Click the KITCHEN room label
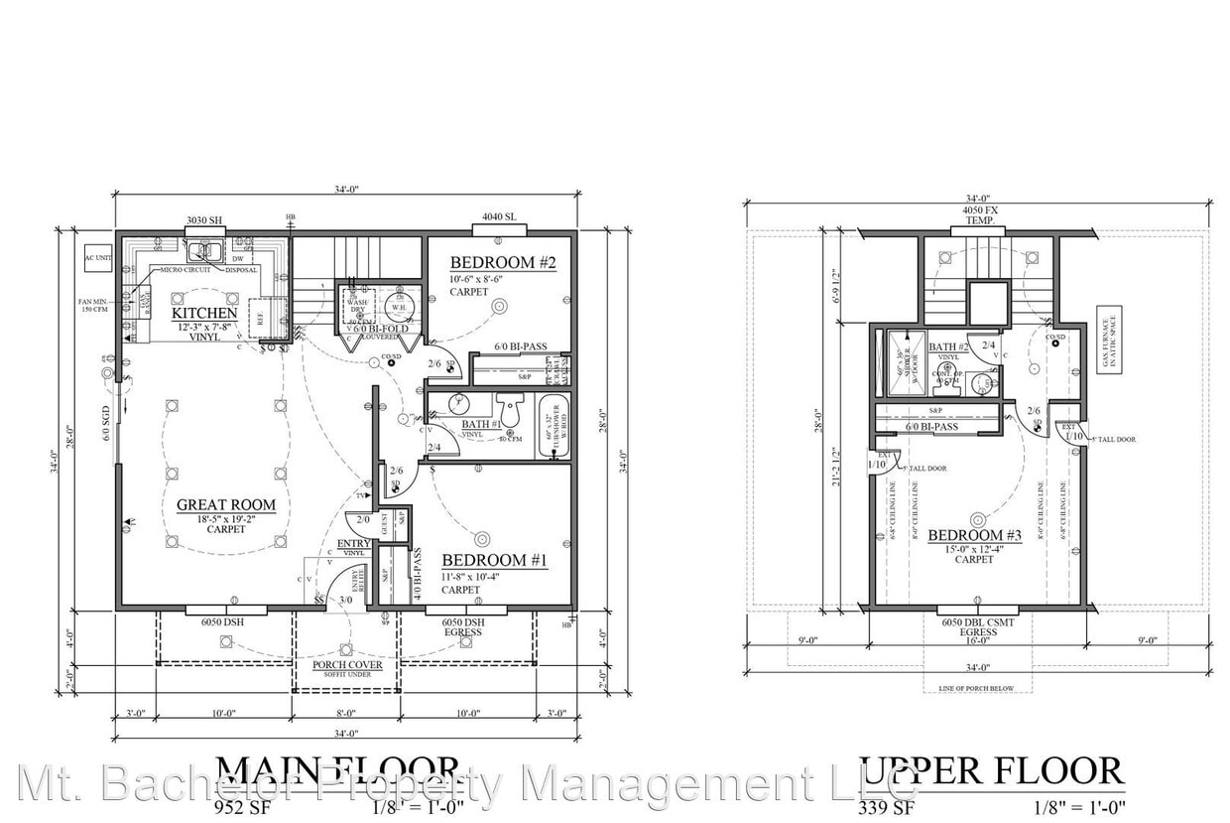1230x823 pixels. (204, 314)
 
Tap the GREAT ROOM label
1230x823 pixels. (226, 505)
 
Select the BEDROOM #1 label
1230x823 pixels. (494, 561)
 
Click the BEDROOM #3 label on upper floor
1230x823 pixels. (974, 536)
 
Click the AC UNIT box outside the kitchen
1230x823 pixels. (97, 257)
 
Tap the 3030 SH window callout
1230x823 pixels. (204, 220)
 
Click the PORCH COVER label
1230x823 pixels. (346, 665)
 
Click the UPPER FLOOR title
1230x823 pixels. (991, 771)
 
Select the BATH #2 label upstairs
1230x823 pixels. (949, 347)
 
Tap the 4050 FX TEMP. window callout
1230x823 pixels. (978, 215)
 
